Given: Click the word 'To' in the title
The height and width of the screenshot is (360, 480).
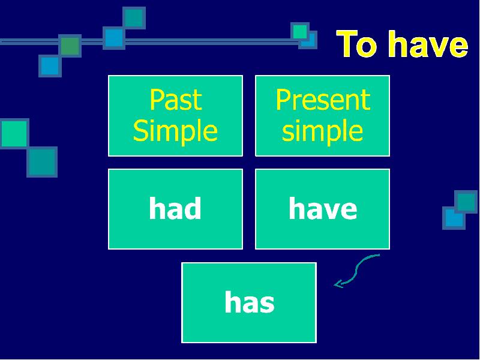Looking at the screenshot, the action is point(356,43).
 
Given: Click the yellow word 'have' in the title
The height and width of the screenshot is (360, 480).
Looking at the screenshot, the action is point(428,43).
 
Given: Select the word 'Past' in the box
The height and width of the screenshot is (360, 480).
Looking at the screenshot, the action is point(176,100).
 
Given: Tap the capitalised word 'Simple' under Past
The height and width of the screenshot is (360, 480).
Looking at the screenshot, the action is point(175,130).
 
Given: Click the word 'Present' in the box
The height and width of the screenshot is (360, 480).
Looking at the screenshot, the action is point(323,100).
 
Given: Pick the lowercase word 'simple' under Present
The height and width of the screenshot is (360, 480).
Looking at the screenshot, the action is point(322,130).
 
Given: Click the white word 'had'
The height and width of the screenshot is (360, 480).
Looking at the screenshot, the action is point(175,208).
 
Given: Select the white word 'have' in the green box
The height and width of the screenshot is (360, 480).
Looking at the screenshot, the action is point(323,208).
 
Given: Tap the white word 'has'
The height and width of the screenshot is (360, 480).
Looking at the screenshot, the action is point(250,302).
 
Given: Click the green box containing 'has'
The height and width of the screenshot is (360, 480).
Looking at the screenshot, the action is point(249,302).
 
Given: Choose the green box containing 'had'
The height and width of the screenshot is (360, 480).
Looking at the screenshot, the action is point(175,209).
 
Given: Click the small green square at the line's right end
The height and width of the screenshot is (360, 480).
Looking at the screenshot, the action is point(299,31).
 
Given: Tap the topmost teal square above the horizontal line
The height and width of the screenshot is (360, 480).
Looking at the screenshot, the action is point(134,18).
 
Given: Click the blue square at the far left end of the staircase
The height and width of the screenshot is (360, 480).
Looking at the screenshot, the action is point(50,66).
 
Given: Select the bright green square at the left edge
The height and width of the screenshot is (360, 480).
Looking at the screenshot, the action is point(14,134).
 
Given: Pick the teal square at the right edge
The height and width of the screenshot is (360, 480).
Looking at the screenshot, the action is point(466,202).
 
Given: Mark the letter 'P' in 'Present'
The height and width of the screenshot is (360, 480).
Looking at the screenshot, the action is point(282,100).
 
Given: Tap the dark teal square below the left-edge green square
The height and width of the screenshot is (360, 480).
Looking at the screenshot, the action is point(42,162).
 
